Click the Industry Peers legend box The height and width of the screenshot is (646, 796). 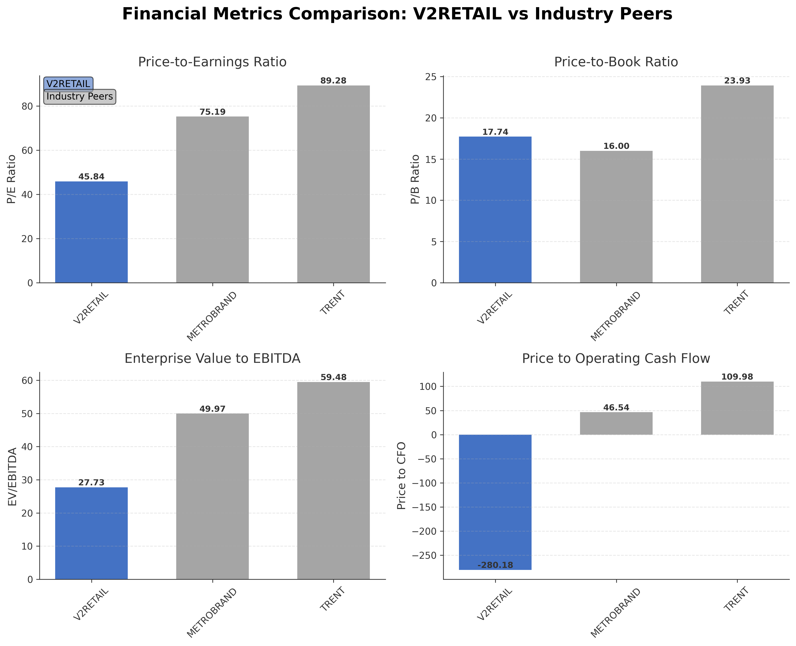[80, 96]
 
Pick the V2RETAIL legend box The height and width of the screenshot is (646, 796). [68, 84]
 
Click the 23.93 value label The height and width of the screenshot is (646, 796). [737, 81]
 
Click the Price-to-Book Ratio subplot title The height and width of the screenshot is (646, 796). [616, 62]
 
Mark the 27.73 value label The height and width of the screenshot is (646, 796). [91, 483]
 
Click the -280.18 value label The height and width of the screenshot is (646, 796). [495, 565]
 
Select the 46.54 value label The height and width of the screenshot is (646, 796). [616, 407]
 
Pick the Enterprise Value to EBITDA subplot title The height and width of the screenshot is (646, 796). [212, 358]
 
